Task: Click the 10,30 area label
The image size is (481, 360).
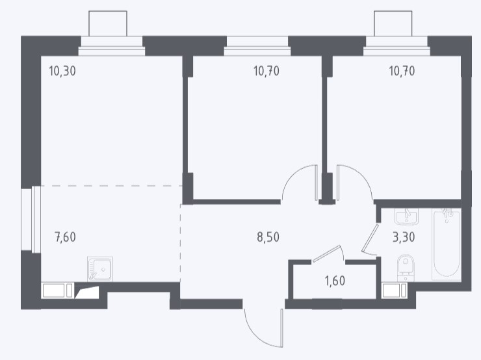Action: click(62, 71)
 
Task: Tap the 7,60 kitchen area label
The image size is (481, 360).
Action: click(65, 237)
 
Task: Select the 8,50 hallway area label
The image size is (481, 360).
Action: click(268, 237)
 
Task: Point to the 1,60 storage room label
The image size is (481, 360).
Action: click(335, 281)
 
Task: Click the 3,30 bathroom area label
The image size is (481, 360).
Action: click(404, 237)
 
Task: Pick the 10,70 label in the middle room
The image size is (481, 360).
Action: click(266, 71)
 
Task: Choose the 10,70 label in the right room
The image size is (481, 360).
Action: click(402, 71)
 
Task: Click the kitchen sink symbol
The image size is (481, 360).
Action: click(100, 269)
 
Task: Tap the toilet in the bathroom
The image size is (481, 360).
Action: click(406, 268)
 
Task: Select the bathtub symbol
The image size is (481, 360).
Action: click(447, 244)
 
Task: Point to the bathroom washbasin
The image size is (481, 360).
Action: click(407, 216)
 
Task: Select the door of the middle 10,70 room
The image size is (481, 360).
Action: click(317, 183)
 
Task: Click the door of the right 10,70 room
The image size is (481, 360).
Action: click(338, 183)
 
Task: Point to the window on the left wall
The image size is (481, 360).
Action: click(31, 220)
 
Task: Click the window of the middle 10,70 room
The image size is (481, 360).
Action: click(257, 46)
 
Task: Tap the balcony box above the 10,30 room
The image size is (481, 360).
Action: click(108, 23)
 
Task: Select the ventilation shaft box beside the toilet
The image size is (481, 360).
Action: click(395, 290)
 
